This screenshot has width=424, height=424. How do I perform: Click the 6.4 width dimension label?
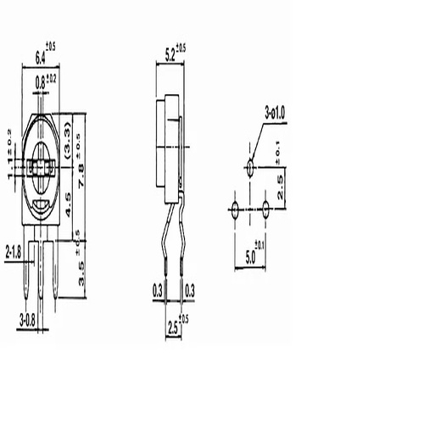(42, 57)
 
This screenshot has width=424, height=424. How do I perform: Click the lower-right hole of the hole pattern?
(265, 207)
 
